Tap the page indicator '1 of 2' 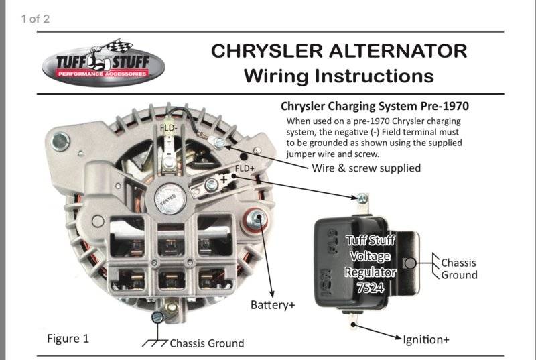point(36,19)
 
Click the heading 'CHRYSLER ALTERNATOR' point(338,51)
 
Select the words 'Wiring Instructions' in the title point(338,75)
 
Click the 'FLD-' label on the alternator point(168,127)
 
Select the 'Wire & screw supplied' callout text point(366,168)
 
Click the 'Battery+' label point(273,305)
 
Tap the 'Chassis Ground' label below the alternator point(206,343)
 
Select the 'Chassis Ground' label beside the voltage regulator point(459,268)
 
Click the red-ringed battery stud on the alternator point(255,218)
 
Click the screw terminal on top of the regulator point(362,198)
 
